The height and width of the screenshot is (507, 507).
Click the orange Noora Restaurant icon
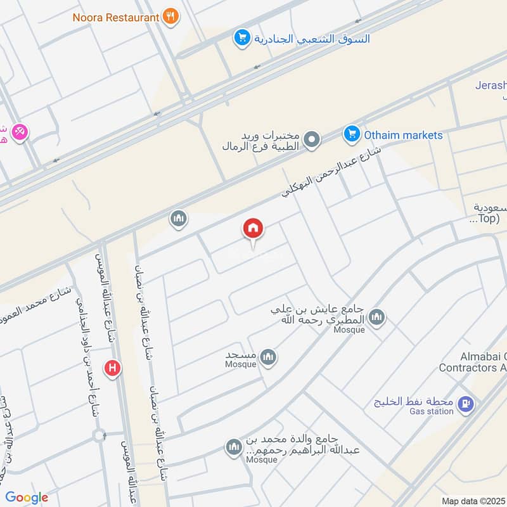[x=169, y=16]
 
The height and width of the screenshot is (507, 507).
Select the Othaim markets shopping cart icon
[x=351, y=134]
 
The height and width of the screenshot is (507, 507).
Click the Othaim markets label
[x=403, y=135]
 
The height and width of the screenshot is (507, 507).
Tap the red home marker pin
[x=253, y=229]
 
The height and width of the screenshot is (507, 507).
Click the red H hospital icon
[x=113, y=367]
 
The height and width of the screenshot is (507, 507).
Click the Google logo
[x=27, y=497]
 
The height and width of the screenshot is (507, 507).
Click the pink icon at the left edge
[x=20, y=131]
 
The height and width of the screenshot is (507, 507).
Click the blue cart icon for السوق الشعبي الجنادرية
[x=241, y=39]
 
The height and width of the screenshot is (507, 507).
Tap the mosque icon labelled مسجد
[x=269, y=357]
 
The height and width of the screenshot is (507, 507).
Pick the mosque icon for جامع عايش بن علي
[x=377, y=316]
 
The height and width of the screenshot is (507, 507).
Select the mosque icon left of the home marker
[x=178, y=219]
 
